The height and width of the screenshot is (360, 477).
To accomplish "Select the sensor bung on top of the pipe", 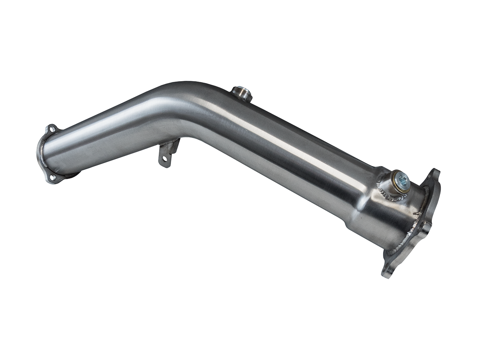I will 241,93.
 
